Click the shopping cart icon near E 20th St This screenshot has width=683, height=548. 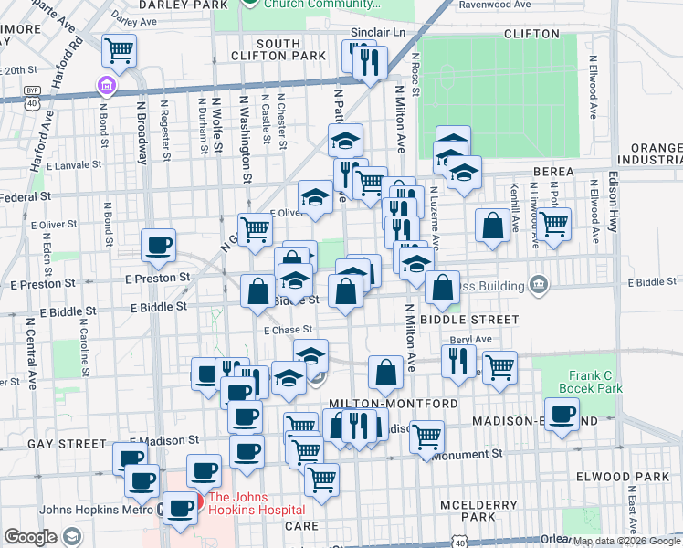119,51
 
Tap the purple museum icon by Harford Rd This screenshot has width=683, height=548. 107,88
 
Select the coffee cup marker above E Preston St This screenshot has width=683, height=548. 158,245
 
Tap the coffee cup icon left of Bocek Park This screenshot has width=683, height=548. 562,413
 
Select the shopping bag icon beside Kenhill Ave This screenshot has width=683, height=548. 492,227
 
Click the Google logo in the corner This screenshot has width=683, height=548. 31,537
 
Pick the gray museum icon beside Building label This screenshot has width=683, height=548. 538,285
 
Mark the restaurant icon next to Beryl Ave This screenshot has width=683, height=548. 458,359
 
